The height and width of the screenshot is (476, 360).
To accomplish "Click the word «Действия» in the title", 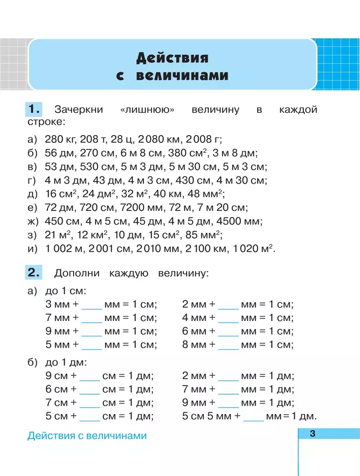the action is coord(172,58).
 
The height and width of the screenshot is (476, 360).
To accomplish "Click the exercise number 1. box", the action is coord(34,108).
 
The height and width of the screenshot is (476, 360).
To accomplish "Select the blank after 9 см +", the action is coord(90,376).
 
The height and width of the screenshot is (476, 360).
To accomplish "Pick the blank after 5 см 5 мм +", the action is coord(254,417).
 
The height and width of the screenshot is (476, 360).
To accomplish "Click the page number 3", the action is coord(312,433).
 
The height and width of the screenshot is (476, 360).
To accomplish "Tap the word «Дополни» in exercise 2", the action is coord(75,273).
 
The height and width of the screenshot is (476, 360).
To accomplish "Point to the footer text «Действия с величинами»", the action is coord(87,436).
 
